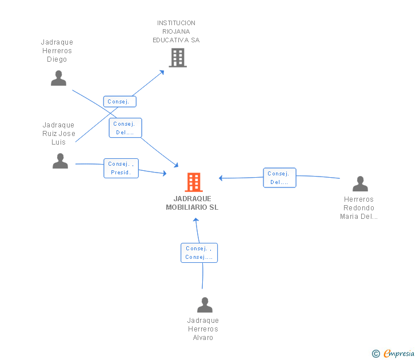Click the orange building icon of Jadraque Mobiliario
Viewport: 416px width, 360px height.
pos(194,182)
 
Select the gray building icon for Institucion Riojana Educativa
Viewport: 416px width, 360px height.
pos(178,58)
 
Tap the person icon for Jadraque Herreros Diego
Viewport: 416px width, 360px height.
pos(58,78)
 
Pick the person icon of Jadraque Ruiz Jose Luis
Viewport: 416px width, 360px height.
pos(60,161)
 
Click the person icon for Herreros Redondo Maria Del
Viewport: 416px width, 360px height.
pos(360,183)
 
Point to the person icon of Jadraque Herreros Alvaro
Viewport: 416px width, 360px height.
pos(205,305)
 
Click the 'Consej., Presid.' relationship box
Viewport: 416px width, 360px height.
pos(121,168)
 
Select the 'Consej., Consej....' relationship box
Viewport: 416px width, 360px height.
pos(199,253)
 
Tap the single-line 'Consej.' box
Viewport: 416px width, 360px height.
pos(119,102)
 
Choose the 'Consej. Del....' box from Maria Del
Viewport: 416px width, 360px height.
pos(279,178)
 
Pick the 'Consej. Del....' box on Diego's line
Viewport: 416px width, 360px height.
pos(125,128)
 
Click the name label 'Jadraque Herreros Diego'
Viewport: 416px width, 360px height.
pos(57,51)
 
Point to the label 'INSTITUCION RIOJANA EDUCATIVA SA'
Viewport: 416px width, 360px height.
pos(176,31)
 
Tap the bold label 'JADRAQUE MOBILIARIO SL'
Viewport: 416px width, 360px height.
pos(192,203)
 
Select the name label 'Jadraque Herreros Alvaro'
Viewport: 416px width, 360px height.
pos(203,329)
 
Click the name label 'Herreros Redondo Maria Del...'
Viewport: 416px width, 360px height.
pos(359,208)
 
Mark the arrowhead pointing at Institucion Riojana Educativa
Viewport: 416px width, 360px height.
pos(162,73)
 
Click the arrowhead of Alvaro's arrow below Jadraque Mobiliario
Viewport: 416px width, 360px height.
pos(196,220)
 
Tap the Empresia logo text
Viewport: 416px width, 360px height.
pos(399,354)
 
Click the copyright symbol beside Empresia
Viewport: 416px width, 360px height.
pos(375,354)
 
